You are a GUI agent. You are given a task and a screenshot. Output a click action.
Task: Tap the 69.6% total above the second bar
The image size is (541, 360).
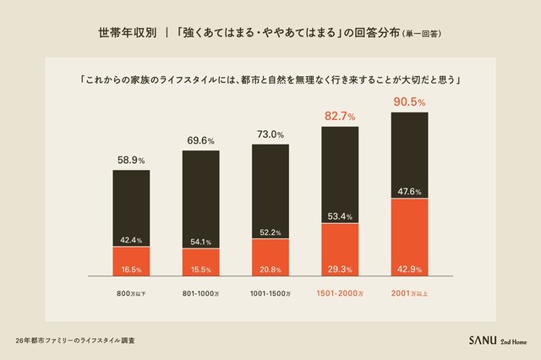point(201,139)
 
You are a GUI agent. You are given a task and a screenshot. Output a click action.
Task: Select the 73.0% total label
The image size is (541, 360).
point(270,134)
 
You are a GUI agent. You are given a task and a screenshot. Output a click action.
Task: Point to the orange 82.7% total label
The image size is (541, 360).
point(340,115)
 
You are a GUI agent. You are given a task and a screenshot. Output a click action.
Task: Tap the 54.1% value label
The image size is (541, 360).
point(201,242)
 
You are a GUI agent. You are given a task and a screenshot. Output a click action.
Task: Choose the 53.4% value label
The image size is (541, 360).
point(340,215)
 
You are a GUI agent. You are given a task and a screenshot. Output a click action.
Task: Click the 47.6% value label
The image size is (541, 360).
point(410,191)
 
